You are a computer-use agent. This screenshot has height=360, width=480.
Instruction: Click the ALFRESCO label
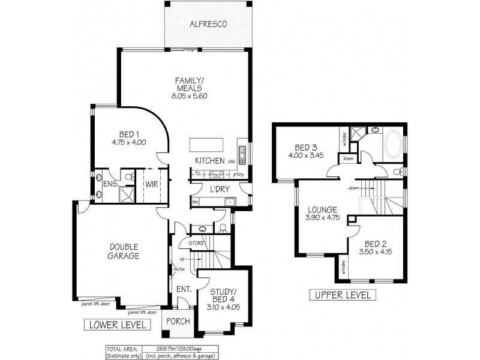208,24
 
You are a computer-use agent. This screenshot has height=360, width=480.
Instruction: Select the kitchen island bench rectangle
206,145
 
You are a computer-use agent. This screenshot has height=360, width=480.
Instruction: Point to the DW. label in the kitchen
231,162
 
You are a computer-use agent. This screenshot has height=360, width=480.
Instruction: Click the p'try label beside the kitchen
239,175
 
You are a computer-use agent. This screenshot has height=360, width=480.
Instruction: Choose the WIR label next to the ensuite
151,185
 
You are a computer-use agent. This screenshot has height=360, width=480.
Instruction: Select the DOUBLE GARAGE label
124,251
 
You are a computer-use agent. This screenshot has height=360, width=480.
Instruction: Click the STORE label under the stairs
197,243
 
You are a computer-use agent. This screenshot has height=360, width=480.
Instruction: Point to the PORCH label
178,321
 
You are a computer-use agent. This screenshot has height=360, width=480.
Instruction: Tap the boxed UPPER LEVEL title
342,295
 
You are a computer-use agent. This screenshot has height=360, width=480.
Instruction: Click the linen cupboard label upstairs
347,159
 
